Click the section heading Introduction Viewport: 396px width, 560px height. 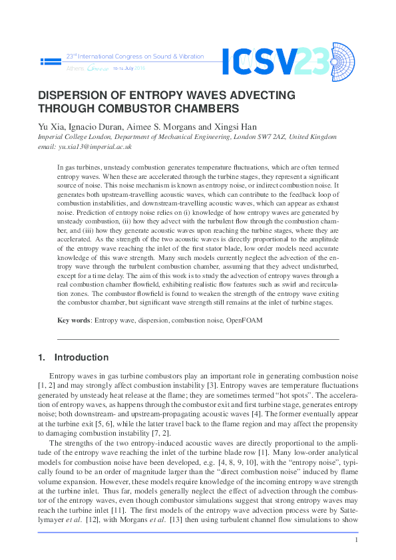(x=81, y=357)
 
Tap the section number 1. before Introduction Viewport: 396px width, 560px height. (x=42, y=357)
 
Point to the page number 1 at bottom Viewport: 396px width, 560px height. (x=357, y=540)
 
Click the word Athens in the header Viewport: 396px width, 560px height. (x=75, y=69)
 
